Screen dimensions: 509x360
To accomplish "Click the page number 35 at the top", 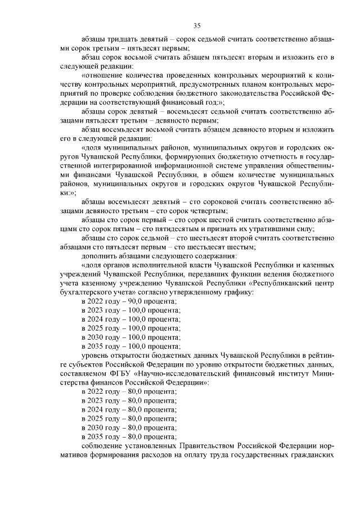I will (197, 25).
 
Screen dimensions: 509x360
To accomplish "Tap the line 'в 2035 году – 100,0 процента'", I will (130, 346).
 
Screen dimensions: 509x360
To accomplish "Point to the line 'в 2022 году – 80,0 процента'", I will (129, 391).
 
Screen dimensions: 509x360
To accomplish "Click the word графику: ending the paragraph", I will (239, 292).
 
